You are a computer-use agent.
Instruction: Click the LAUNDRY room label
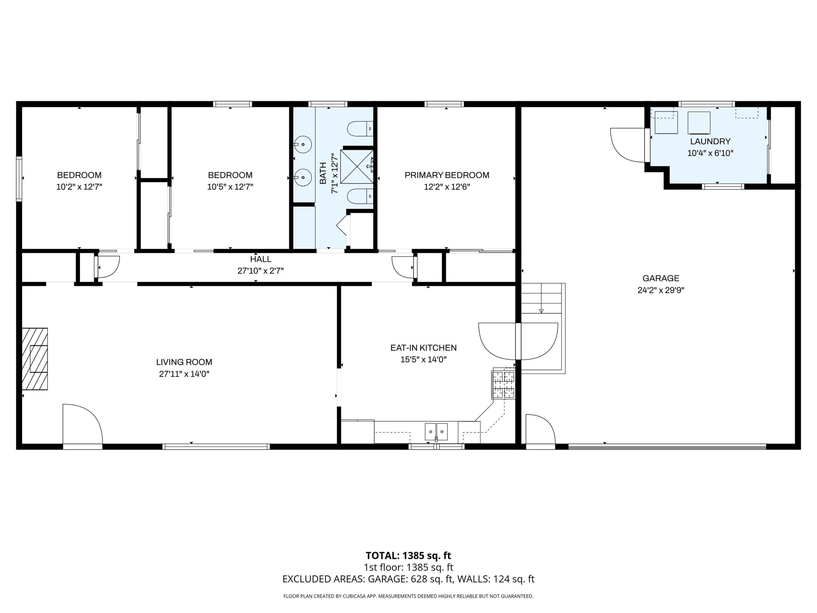coord(710,141)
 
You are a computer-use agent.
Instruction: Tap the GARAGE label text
coord(661,278)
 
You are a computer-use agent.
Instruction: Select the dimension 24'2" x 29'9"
coord(661,290)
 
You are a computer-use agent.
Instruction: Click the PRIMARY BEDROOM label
coord(446,175)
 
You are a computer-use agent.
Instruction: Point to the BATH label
coord(323,173)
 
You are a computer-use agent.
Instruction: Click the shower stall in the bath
coord(356,167)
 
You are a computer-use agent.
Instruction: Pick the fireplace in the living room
coord(35,359)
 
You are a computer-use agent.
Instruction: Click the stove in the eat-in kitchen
coord(504,385)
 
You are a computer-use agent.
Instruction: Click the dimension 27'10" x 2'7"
coord(260,271)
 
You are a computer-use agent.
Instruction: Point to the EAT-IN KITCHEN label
coord(423,348)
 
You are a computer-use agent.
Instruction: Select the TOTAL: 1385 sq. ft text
coord(408,556)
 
